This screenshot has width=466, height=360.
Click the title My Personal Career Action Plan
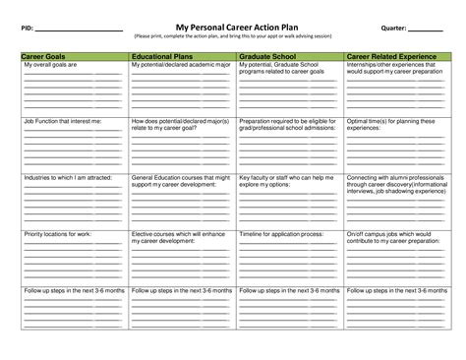pos(233,29)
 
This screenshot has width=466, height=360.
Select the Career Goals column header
pos(43,57)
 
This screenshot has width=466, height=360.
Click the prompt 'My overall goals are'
pos(48,65)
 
